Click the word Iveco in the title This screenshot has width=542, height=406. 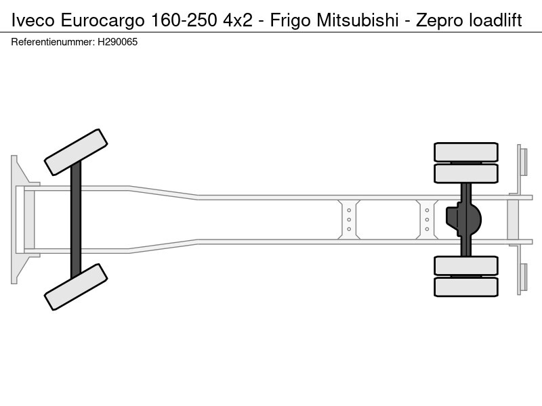[33, 20]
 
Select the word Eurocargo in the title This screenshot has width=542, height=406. [103, 21]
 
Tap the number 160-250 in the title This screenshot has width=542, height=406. [184, 20]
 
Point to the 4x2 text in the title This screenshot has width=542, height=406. [238, 20]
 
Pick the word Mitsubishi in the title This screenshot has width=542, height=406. [358, 20]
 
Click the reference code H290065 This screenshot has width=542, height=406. [117, 42]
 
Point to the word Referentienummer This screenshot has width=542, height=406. [53, 42]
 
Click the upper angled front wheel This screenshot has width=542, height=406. [76, 152]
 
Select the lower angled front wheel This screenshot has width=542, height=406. [76, 287]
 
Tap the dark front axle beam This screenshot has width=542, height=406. [76, 219]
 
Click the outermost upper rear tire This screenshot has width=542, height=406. [466, 152]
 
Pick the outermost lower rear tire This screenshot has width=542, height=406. [466, 287]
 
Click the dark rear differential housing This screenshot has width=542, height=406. [463, 219]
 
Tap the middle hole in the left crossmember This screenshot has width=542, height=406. [349, 219]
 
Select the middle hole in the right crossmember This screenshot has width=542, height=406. [427, 219]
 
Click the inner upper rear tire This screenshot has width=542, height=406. [466, 173]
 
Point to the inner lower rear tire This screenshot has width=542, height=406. [466, 265]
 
